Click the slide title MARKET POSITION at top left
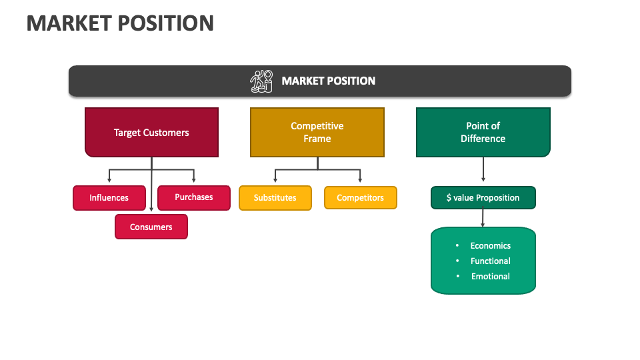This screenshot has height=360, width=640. pyautogui.click(x=120, y=23)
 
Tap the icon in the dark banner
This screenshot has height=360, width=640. pyautogui.click(x=261, y=81)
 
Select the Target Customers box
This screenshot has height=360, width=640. pyautogui.click(x=151, y=133)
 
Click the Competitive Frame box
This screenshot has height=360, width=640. pyautogui.click(x=317, y=133)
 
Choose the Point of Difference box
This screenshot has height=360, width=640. pyautogui.click(x=483, y=133)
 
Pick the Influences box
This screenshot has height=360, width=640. pyautogui.click(x=109, y=198)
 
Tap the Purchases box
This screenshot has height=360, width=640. pyautogui.click(x=194, y=197)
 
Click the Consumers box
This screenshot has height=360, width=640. pyautogui.click(x=151, y=227)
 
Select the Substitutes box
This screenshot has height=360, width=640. pyautogui.click(x=275, y=198)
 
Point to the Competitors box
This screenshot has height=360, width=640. pyautogui.click(x=360, y=198)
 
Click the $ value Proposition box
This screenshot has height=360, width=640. pyautogui.click(x=483, y=198)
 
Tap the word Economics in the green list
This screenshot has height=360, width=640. pyautogui.click(x=490, y=245)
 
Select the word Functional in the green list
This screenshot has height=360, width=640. pyautogui.click(x=490, y=261)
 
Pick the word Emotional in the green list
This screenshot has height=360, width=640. pyautogui.click(x=490, y=276)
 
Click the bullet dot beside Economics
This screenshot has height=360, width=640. pyautogui.click(x=457, y=245)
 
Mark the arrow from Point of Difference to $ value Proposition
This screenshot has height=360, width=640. pyautogui.click(x=483, y=171)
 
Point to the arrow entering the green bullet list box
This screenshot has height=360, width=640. pyautogui.click(x=483, y=218)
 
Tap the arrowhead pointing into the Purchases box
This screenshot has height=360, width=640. pyautogui.click(x=194, y=181)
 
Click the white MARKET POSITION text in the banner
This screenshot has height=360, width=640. pyautogui.click(x=328, y=81)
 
